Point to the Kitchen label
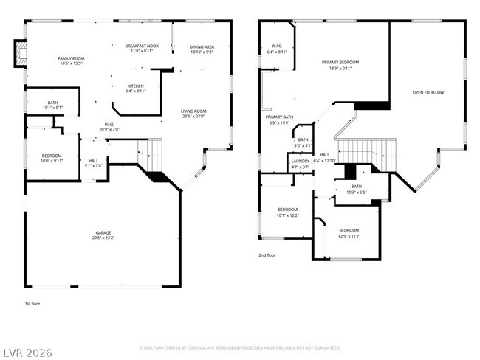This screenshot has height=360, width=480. point(135,86)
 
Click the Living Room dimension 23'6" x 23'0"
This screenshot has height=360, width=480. point(193,116)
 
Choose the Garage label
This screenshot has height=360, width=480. point(103,232)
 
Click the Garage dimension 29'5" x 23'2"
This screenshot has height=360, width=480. point(103,238)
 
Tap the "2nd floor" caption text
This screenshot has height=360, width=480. point(267,255)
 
